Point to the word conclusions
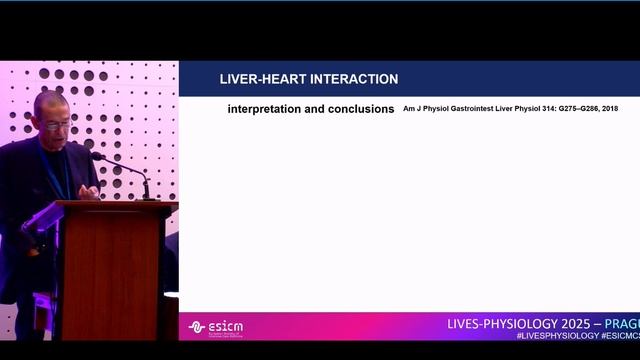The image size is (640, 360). (361, 109)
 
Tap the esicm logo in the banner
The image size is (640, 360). (215, 327)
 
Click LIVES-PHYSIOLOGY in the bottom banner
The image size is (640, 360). (493, 325)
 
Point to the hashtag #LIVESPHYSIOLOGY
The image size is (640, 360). (548, 337)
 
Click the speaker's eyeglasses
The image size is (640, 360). (56, 124)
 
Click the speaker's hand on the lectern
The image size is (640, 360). (88, 192)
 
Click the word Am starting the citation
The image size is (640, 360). (409, 109)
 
